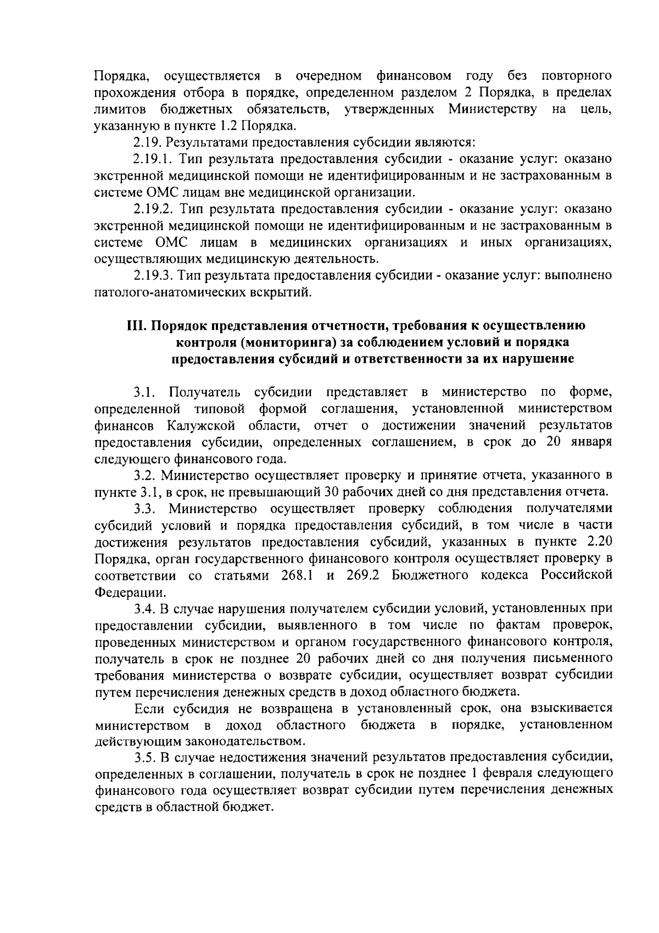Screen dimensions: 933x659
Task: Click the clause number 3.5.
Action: (x=144, y=758)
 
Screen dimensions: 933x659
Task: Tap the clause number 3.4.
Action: (x=145, y=609)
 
